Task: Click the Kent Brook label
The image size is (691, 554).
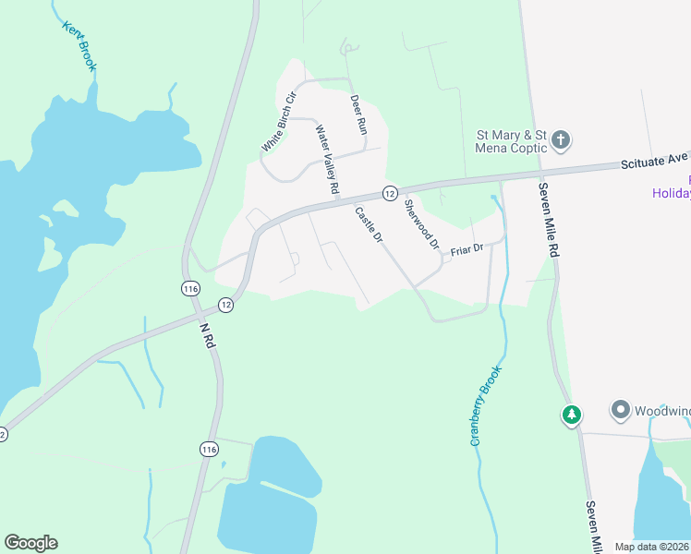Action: pyautogui.click(x=79, y=45)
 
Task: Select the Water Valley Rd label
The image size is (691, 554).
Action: pyautogui.click(x=328, y=160)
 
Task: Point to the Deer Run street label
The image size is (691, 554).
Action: pyautogui.click(x=358, y=114)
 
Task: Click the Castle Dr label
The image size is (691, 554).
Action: pyautogui.click(x=370, y=224)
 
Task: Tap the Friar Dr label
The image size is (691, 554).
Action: pyautogui.click(x=467, y=250)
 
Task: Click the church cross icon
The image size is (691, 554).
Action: pyautogui.click(x=560, y=141)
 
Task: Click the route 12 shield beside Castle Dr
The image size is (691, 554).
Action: pyautogui.click(x=390, y=193)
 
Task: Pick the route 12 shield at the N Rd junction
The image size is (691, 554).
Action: pyautogui.click(x=225, y=304)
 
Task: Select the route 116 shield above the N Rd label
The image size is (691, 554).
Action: pyautogui.click(x=190, y=288)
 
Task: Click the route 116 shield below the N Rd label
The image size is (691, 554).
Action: pyautogui.click(x=210, y=449)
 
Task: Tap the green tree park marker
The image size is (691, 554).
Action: pyautogui.click(x=572, y=415)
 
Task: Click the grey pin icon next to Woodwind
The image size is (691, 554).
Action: pyautogui.click(x=620, y=409)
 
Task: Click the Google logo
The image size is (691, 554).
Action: pyautogui.click(x=30, y=543)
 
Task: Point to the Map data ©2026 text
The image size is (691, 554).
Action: pyautogui.click(x=652, y=547)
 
